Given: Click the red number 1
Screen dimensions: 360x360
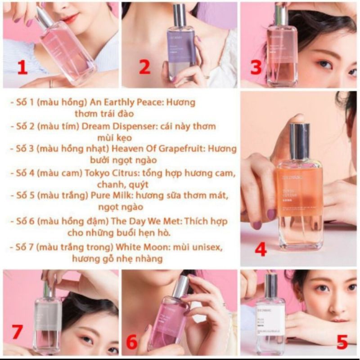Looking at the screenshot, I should [x=22, y=67].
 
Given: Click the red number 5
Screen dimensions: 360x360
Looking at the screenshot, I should [x=342, y=343].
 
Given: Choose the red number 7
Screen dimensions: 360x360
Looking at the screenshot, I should [x=18, y=332].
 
